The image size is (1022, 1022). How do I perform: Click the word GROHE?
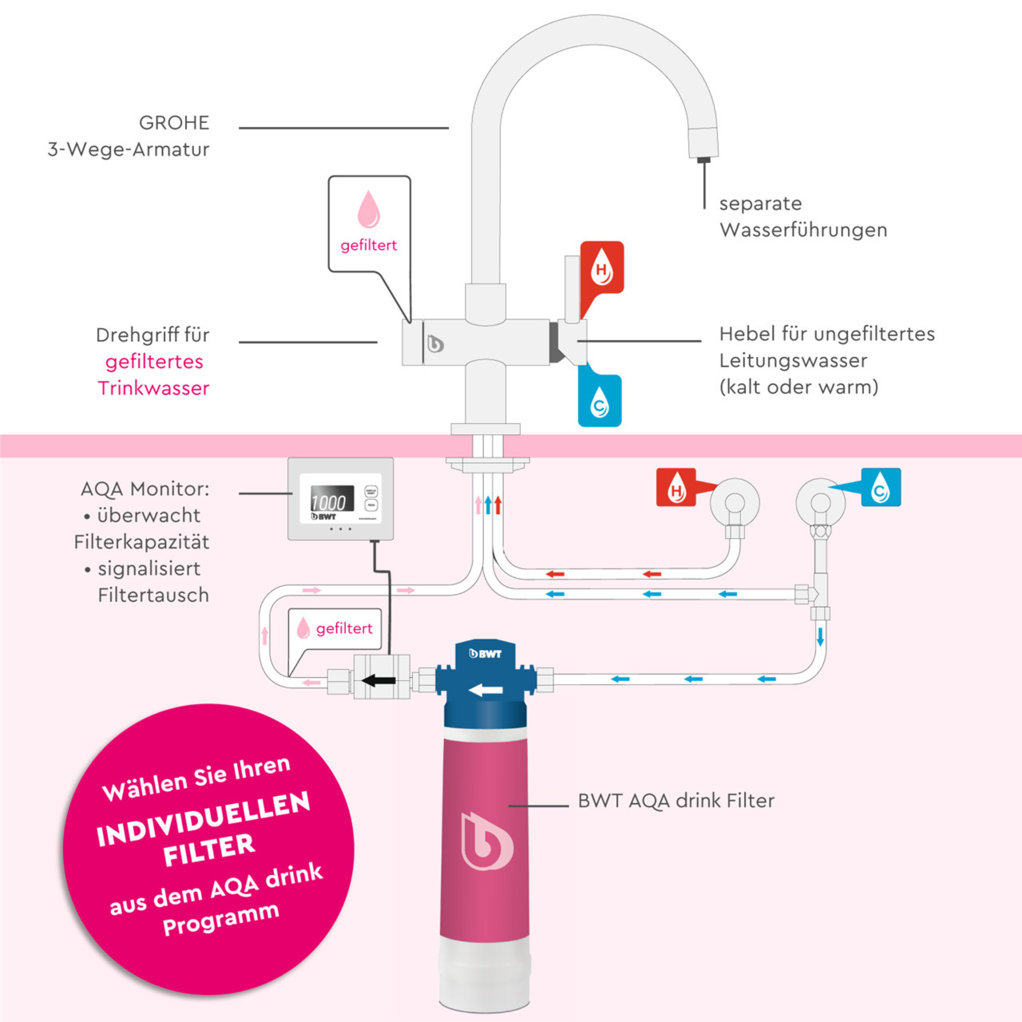point(174,123)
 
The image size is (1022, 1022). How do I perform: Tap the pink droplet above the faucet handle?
point(369,210)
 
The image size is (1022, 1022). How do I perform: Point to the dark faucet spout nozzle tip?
point(704,159)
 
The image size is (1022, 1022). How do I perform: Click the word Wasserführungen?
point(803,230)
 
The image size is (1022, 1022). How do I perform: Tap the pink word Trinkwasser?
point(153,388)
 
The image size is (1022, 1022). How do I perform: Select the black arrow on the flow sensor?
point(378,680)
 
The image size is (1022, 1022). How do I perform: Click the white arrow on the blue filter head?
point(485,690)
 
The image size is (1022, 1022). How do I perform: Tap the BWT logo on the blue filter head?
point(485,654)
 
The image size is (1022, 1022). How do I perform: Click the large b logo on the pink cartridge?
point(485,841)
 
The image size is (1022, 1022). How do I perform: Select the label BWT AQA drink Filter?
point(676,801)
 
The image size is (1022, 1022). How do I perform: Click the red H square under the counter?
point(676,487)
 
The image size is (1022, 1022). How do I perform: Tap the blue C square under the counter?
point(881,487)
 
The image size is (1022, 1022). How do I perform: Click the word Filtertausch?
point(153,595)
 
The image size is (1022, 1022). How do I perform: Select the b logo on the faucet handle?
point(435,344)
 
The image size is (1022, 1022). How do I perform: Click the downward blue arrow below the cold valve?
point(820,636)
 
